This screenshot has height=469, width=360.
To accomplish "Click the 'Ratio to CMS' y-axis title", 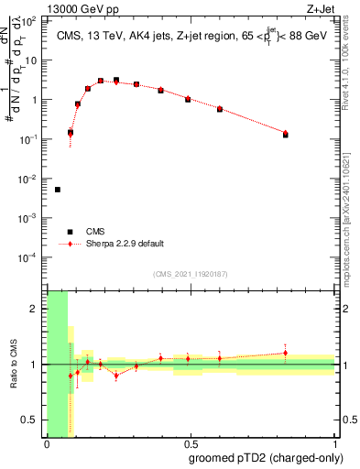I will tap(14, 364).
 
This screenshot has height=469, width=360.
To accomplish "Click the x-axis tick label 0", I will tap(47, 443).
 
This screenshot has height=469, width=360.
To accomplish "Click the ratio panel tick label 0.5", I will tap(31, 420).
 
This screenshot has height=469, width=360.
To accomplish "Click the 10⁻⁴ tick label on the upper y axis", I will tap(30, 257).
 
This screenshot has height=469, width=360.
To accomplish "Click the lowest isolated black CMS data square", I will tap(58, 190).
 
